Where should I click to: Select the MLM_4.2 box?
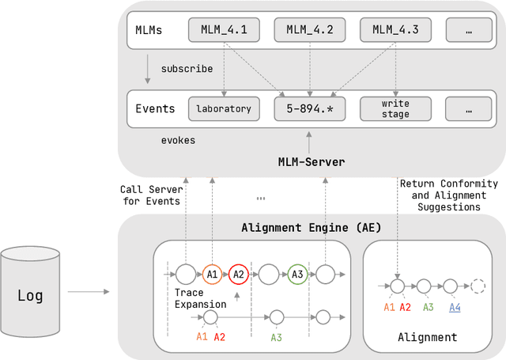[309, 31]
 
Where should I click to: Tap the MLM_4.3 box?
[395, 31]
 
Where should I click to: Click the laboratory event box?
[224, 108]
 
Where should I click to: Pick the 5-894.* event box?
[309, 108]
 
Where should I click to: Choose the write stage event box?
[395, 108]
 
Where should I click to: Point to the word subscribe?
[187, 69]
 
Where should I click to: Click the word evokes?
[178, 140]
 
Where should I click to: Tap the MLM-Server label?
[309, 162]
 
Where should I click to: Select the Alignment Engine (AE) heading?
[311, 228]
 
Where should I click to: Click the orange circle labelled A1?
[211, 274]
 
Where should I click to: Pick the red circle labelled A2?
[239, 274]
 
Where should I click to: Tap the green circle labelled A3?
[297, 274]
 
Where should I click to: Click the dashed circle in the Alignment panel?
[478, 286]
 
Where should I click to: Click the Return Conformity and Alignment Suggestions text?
[448, 195]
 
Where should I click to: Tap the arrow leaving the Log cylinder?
[86, 292]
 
